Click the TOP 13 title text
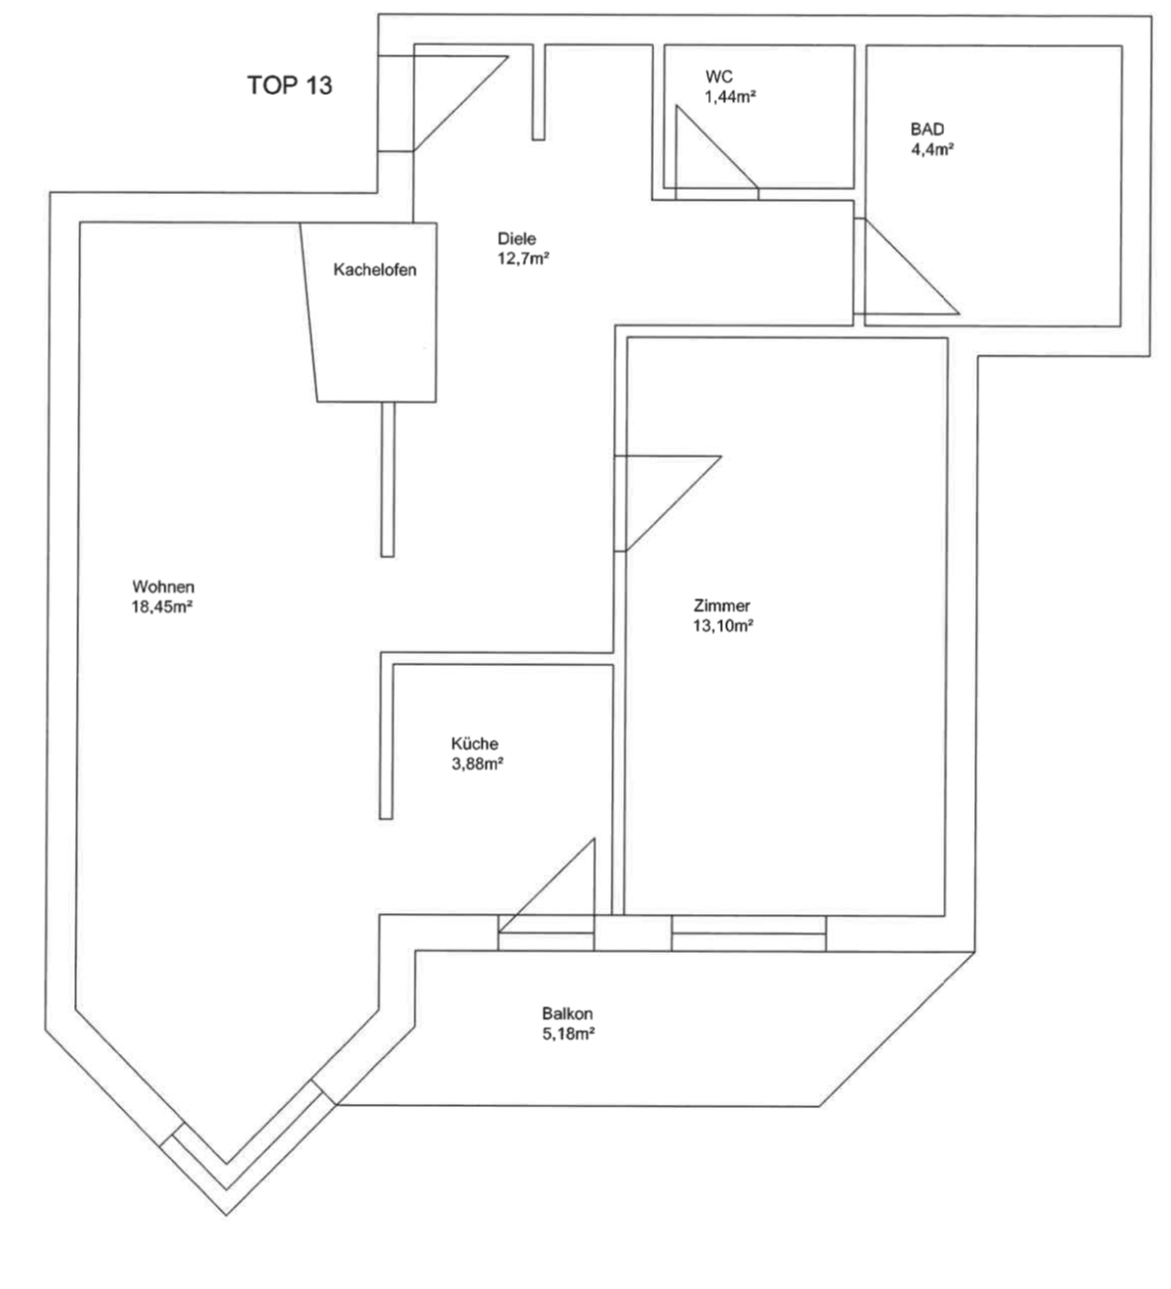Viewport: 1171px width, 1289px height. tap(290, 85)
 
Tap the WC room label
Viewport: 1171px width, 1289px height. tap(719, 76)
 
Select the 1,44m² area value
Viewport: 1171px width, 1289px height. tap(730, 97)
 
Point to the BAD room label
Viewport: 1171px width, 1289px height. tap(927, 130)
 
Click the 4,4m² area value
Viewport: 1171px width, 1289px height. tap(932, 149)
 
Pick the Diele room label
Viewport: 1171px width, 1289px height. tap(516, 238)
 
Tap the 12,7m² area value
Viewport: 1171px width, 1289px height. tap(523, 259)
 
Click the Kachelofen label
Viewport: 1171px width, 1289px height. tap(375, 270)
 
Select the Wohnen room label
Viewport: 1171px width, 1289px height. tap(163, 587)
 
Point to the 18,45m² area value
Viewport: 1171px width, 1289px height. tap(162, 607)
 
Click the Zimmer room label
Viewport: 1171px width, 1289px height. tap(722, 606)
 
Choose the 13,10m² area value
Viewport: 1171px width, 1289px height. tap(723, 626)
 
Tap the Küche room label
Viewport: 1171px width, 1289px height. tap(475, 744)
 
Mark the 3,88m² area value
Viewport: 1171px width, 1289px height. tap(477, 764)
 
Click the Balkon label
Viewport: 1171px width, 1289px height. tap(568, 1013)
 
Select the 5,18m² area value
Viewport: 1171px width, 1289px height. tap(568, 1034)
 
